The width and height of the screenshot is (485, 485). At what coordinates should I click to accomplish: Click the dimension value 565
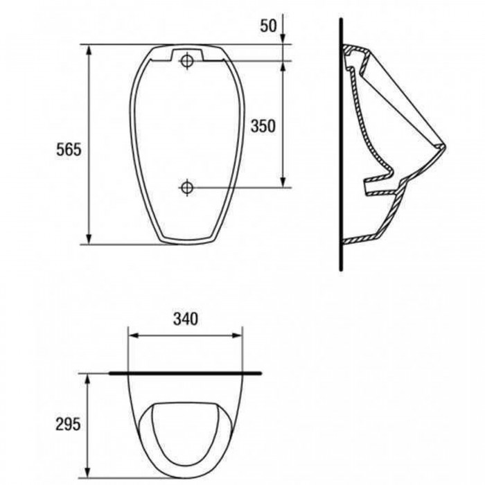click(x=69, y=150)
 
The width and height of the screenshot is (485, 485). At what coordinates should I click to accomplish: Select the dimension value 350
click(x=263, y=126)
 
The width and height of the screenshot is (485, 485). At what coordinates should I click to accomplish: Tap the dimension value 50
click(x=268, y=26)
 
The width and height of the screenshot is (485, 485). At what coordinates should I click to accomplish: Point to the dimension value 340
click(x=186, y=319)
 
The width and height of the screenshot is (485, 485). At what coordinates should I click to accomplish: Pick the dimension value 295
click(x=68, y=424)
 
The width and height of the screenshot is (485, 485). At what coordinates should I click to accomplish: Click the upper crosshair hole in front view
click(x=186, y=61)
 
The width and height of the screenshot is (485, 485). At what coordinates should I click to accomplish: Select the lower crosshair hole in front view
click(x=186, y=188)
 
